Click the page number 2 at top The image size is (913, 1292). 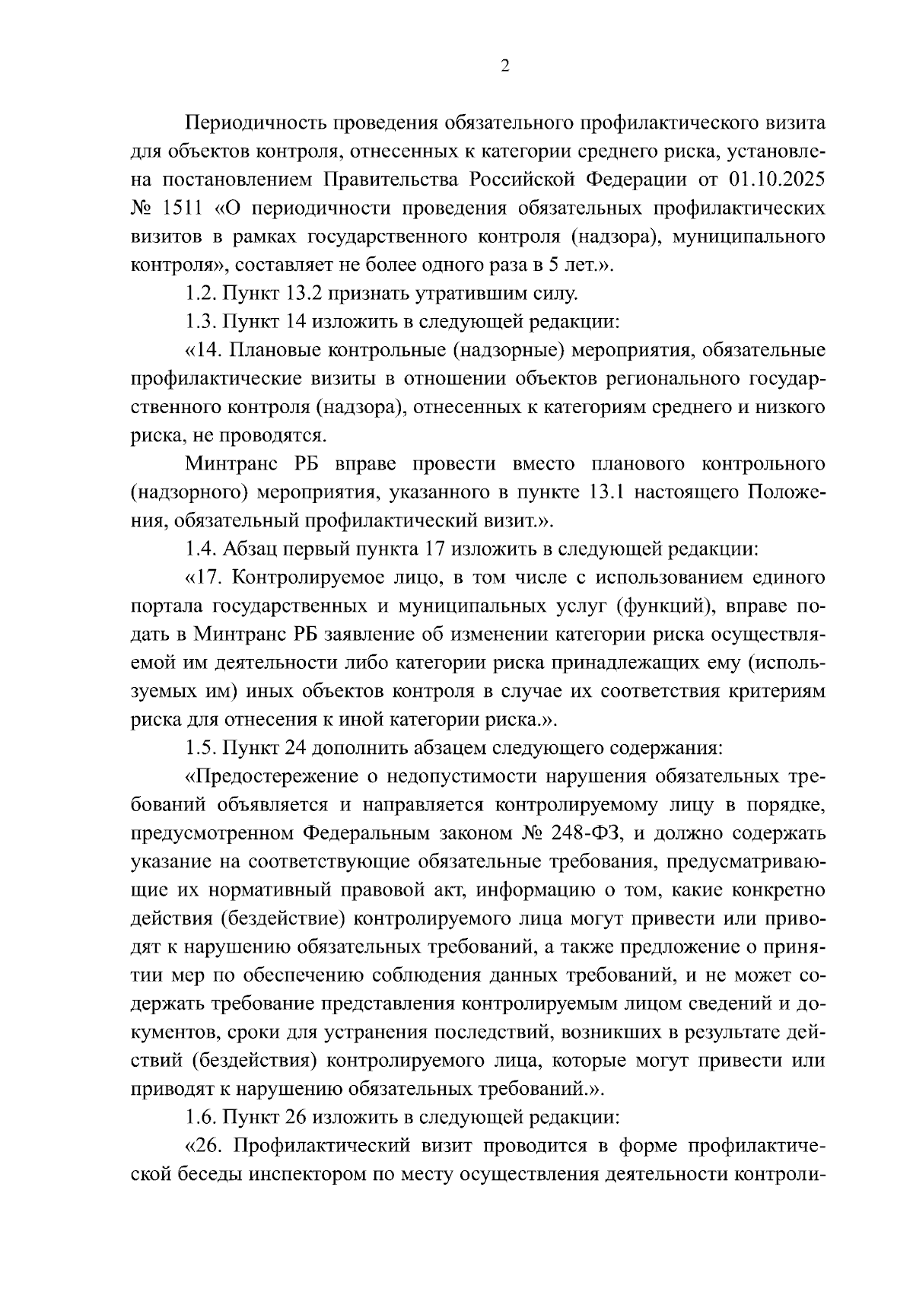click(x=505, y=66)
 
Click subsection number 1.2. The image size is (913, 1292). click(x=199, y=293)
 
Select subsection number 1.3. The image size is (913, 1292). click(x=199, y=322)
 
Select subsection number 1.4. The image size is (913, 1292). click(x=199, y=549)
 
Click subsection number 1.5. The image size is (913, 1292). click(x=199, y=748)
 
